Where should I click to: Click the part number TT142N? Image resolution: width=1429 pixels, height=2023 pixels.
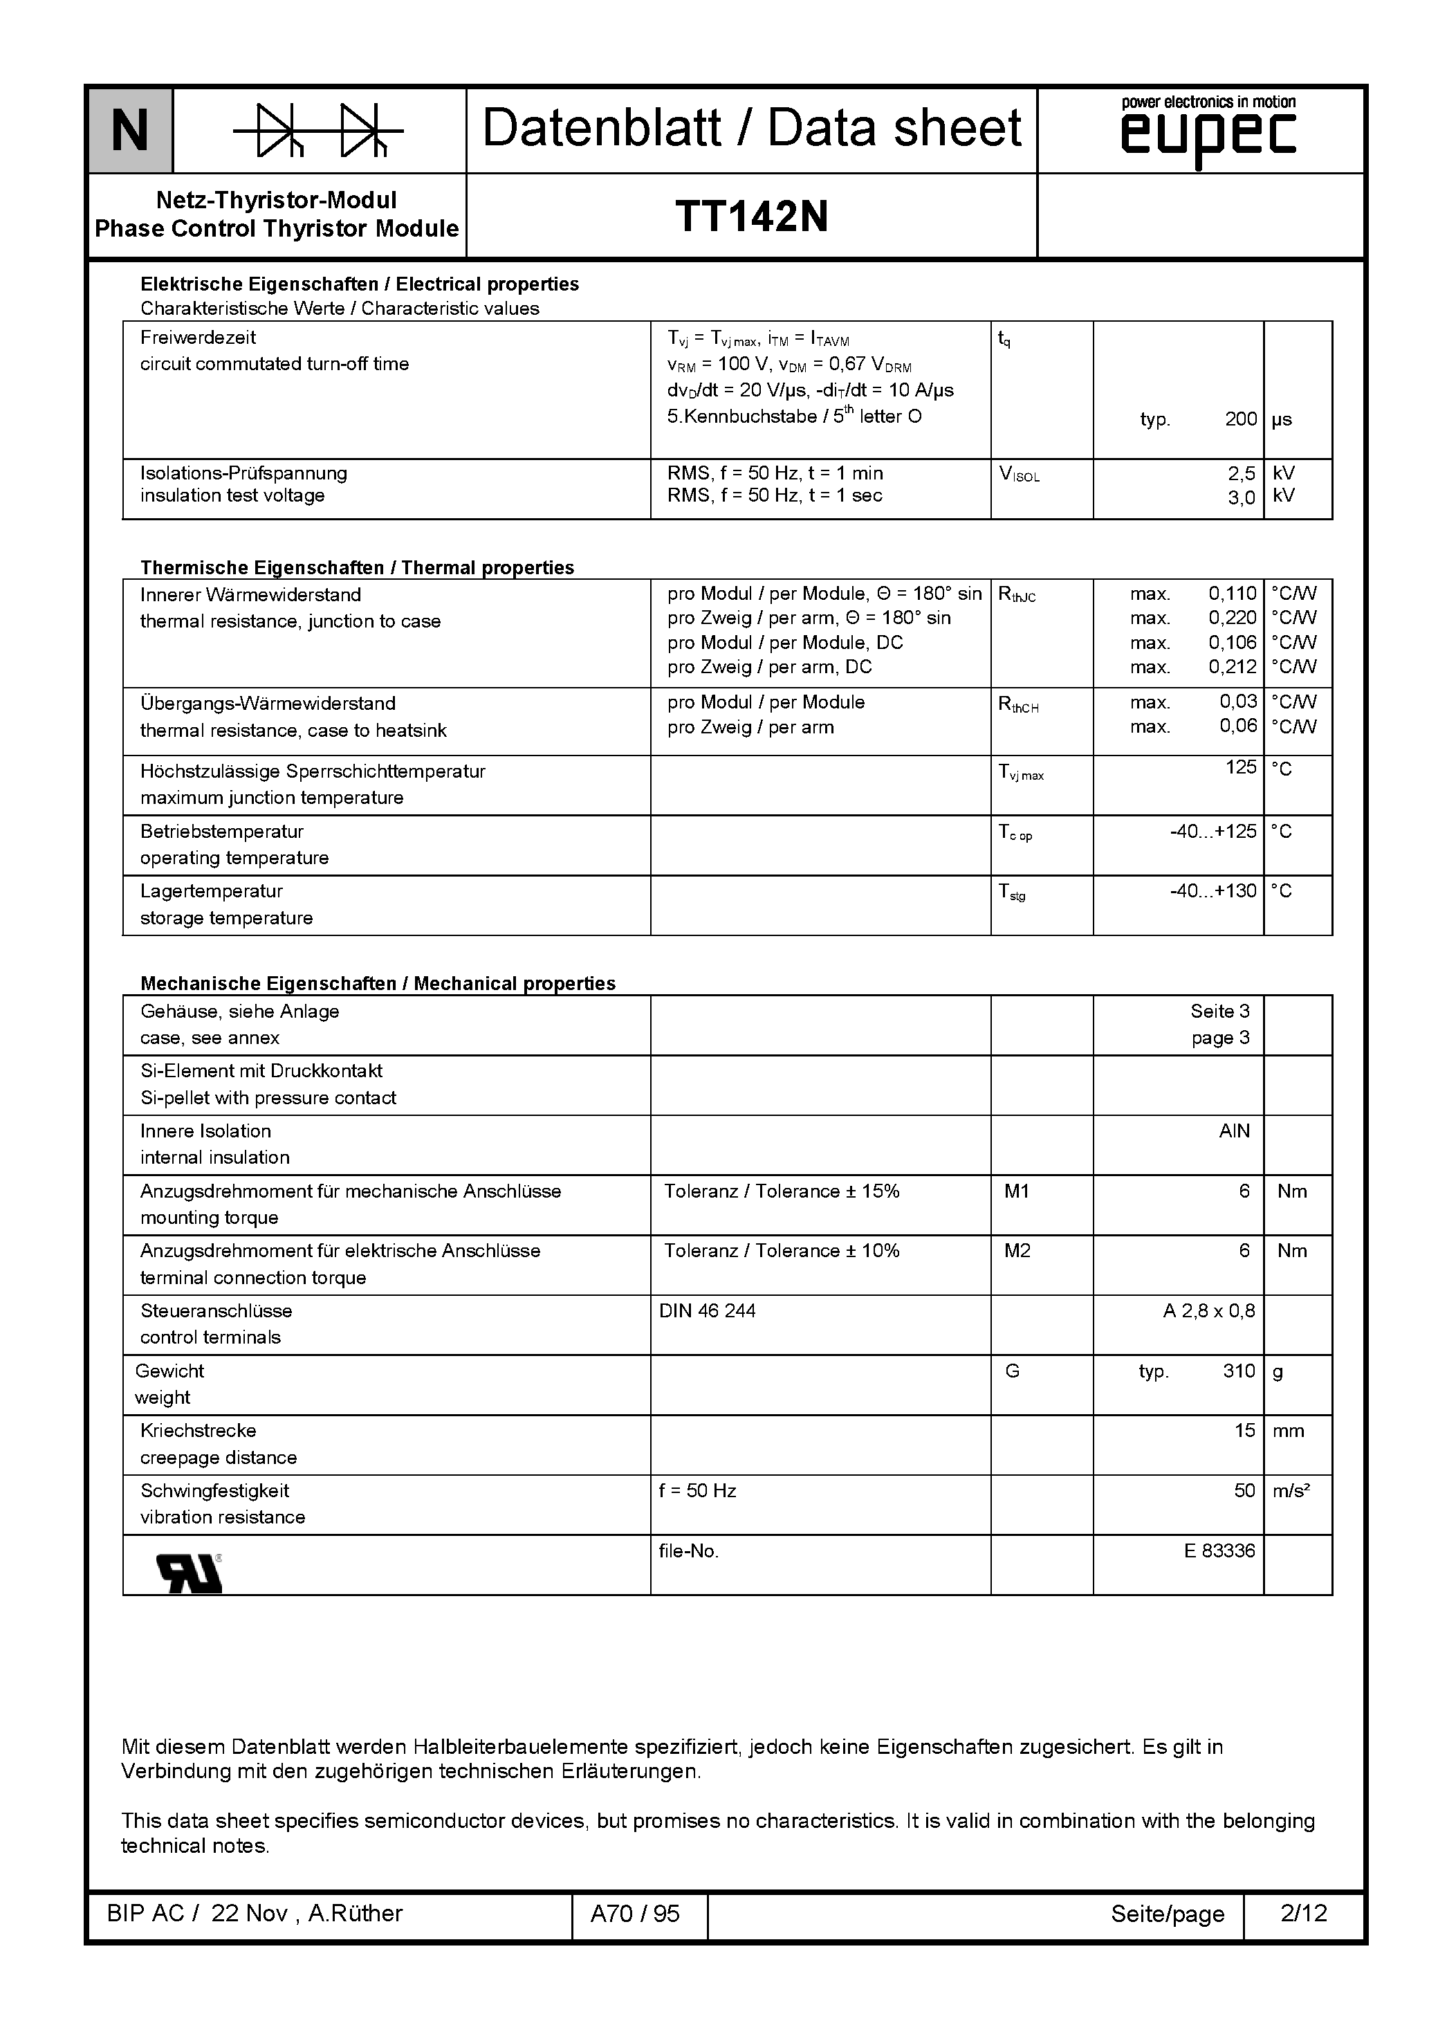[751, 216]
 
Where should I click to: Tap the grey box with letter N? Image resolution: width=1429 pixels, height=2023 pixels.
[131, 130]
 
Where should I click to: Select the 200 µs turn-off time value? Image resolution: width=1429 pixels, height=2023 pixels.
[1240, 419]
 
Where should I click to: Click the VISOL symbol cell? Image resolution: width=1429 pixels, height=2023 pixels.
[1020, 475]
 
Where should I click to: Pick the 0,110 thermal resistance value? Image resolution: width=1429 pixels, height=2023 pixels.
[1232, 594]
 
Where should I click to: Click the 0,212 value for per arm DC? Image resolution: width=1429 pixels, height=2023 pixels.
[1232, 667]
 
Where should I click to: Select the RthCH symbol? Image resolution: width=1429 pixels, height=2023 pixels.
[1018, 705]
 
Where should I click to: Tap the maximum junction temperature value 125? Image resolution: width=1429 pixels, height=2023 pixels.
[1240, 767]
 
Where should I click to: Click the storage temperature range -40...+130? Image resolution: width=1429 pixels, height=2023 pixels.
[1213, 891]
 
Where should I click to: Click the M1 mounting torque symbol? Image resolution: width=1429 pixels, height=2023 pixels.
[1017, 1191]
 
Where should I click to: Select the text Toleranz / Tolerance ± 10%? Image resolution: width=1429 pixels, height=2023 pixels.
[782, 1251]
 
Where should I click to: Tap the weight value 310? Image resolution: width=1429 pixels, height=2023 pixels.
[1239, 1371]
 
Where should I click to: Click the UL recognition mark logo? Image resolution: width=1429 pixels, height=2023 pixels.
[189, 1573]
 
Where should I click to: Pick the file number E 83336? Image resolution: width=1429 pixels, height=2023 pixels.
[1219, 1550]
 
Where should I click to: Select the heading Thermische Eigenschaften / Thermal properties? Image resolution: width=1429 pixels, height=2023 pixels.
[357, 567]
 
